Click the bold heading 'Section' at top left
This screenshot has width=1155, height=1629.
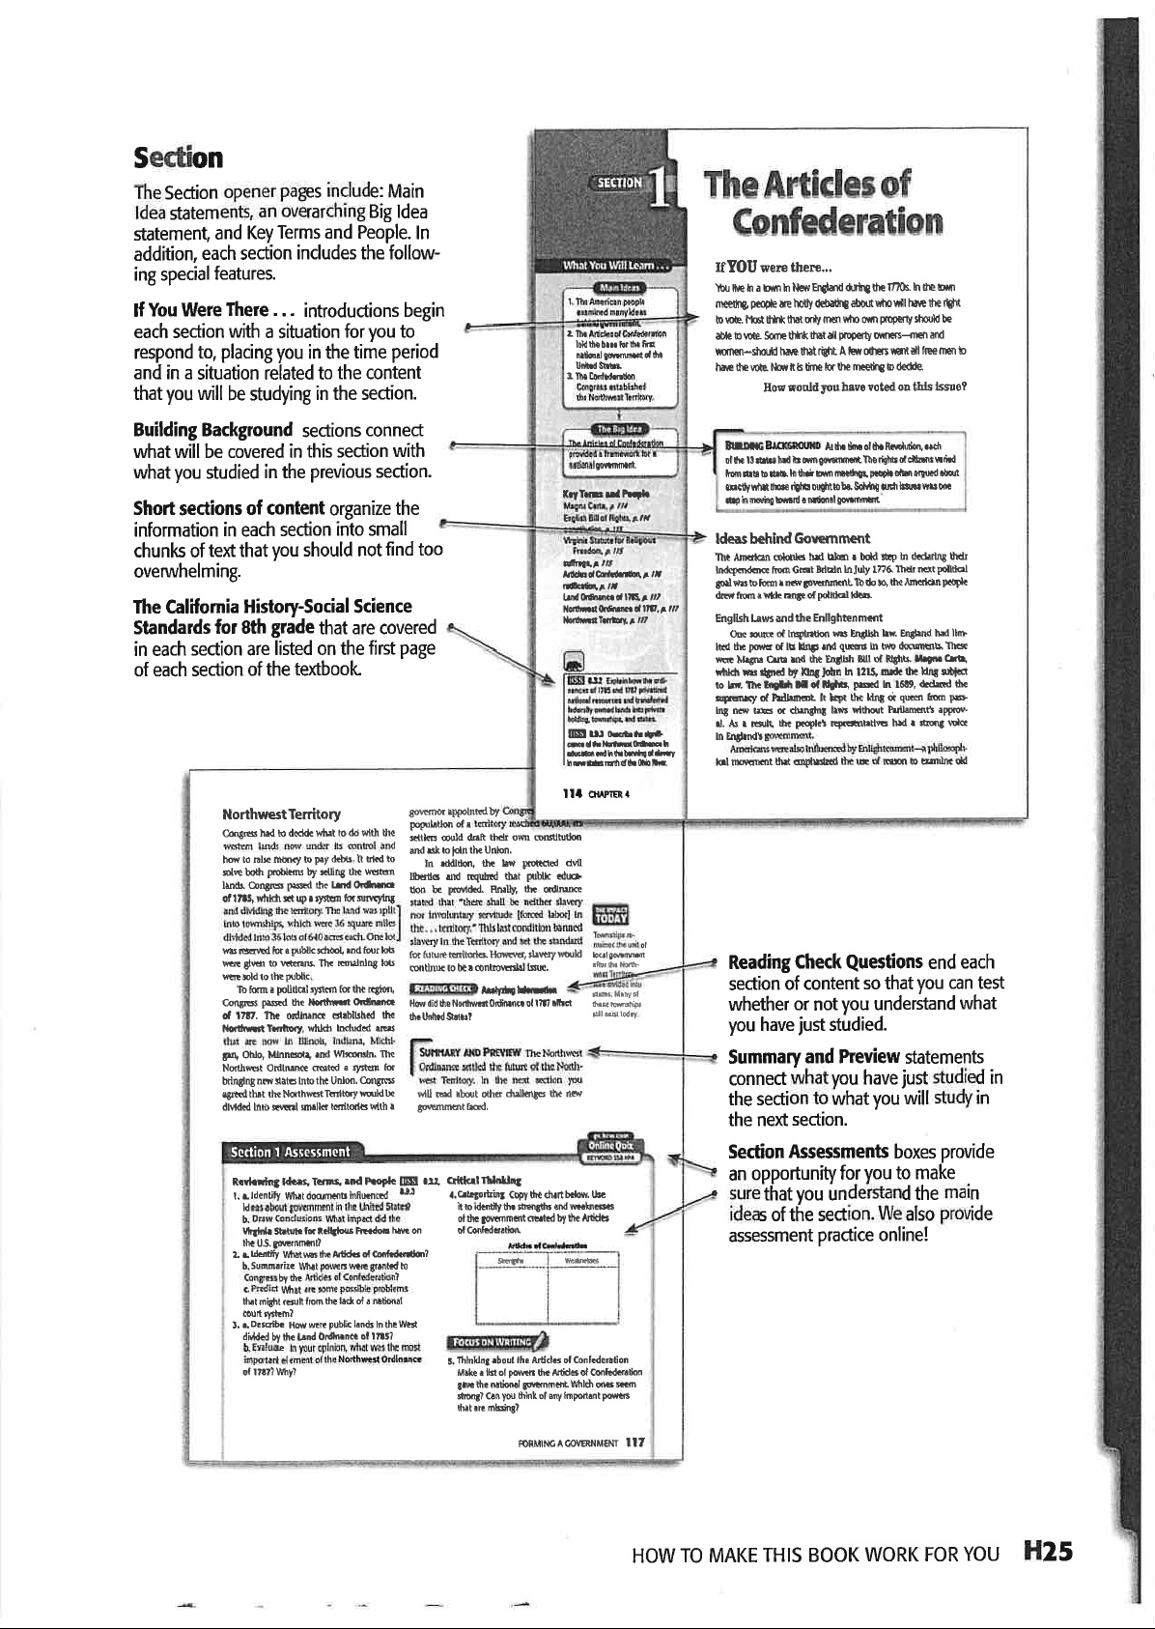pyautogui.click(x=178, y=157)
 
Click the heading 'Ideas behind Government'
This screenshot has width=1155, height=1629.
pyautogui.click(x=791, y=538)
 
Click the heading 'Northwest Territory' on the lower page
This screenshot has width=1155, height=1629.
pyautogui.click(x=280, y=815)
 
